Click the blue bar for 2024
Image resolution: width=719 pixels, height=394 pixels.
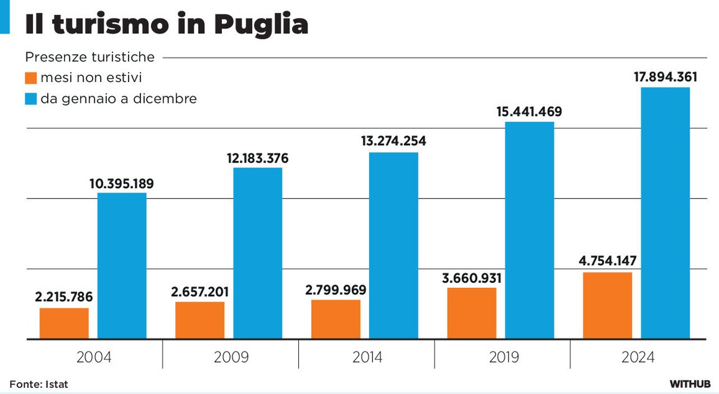[665, 213]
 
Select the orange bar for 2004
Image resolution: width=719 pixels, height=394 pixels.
[64, 323]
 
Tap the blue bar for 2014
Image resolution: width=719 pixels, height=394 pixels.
[393, 246]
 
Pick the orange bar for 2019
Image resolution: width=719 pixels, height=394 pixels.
[472, 313]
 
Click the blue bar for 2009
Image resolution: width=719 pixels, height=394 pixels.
[258, 253]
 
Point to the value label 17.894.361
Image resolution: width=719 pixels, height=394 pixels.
[665, 77]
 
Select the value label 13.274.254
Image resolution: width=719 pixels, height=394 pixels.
[393, 141]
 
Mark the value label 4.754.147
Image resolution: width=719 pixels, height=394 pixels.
[607, 261]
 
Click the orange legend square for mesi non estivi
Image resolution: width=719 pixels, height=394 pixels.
[31, 78]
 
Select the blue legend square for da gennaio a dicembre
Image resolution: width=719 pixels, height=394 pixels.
[31, 99]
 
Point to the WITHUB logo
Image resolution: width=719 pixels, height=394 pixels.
[690, 384]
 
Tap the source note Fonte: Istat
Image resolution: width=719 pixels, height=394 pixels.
[39, 384]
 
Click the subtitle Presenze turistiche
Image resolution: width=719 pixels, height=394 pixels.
[90, 57]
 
